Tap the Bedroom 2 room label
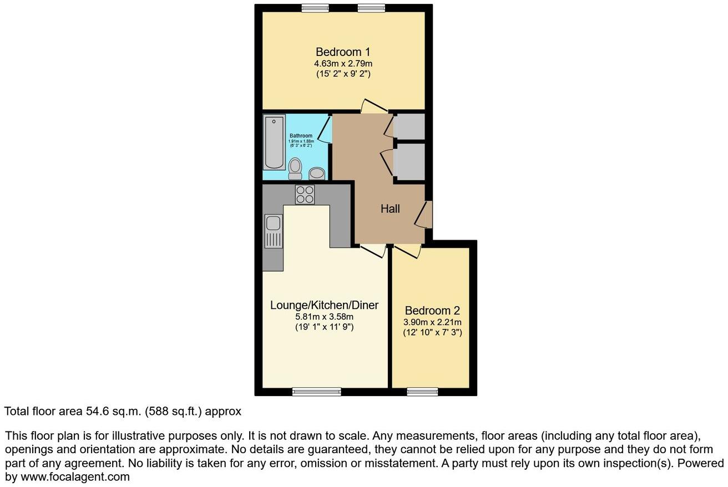pos(432,311)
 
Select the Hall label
pos(390,209)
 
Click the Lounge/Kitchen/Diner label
pos(324,305)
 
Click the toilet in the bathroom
pos(295,168)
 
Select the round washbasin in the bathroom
pos(317,173)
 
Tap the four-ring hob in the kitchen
pos(305,195)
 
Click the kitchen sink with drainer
pos(273,231)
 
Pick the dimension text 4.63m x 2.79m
pos(343,63)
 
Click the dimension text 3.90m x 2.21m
pos(433,322)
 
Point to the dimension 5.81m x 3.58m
pos(324,317)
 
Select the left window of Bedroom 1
pos(314,8)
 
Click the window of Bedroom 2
pos(422,392)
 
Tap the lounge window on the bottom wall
pos(316,392)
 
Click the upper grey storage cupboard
pos(410,126)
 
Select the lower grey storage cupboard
pos(410,162)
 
